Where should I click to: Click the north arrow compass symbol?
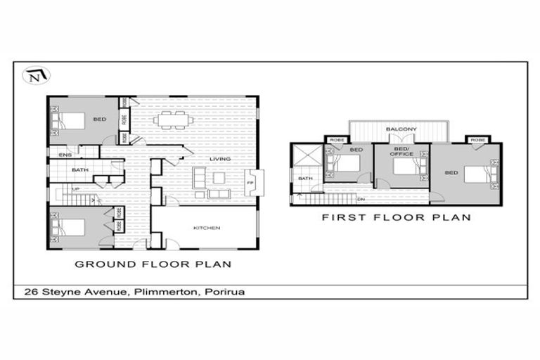(33, 76)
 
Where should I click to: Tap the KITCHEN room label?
(207, 229)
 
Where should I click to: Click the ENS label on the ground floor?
(65, 155)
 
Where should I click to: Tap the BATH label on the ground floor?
(80, 170)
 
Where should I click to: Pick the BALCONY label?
(401, 130)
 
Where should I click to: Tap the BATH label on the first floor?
(304, 179)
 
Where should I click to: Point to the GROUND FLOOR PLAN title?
(153, 264)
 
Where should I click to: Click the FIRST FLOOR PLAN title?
(397, 217)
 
